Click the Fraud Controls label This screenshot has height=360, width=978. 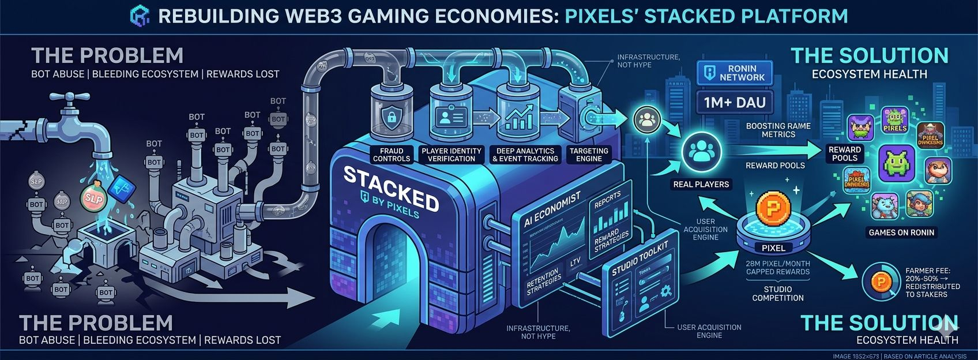pos(392,155)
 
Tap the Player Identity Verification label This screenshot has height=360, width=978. pos(451,155)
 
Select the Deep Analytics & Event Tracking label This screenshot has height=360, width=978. pos(525,155)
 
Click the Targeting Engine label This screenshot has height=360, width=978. pos(589,155)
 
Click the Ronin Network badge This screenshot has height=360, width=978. pos(735,73)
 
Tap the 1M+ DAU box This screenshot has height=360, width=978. pos(735,103)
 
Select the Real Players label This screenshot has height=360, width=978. pos(701,185)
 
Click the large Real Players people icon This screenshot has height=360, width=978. pos(701,152)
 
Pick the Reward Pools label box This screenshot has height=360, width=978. pos(845,153)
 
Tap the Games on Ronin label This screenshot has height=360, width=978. pos(901,232)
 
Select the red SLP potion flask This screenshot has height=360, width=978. pos(93,198)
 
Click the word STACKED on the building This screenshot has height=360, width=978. pos(390,188)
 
